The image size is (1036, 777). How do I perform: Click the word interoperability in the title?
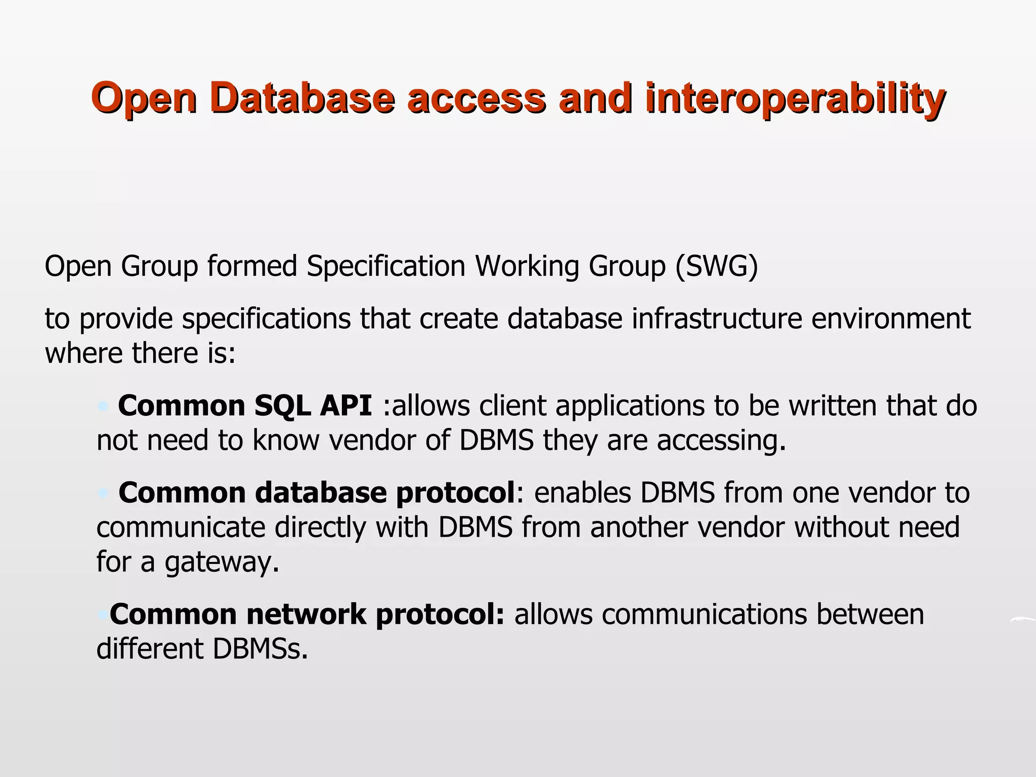click(794, 99)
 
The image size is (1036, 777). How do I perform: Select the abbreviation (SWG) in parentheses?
click(716, 266)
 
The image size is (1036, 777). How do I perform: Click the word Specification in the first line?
click(385, 267)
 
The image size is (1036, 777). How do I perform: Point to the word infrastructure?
click(716, 319)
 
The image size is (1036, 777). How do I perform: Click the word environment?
click(891, 319)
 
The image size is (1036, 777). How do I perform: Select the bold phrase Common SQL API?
click(245, 406)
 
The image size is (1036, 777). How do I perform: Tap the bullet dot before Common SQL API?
click(104, 406)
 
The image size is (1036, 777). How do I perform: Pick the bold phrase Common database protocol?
click(317, 493)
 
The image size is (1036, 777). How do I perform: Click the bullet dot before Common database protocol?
click(104, 493)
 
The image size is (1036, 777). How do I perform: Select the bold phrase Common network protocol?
click(307, 615)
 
